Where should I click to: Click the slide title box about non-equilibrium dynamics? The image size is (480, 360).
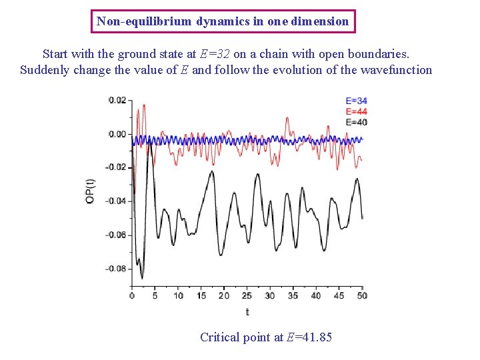click(223, 21)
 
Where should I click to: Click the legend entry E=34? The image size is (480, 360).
click(356, 101)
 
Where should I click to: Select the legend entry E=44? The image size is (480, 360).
click(356, 111)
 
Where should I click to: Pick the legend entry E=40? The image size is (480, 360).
click(356, 122)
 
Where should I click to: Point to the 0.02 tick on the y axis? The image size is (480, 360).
click(117, 100)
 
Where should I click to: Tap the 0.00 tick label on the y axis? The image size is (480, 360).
click(117, 134)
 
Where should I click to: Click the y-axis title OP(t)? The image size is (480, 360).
click(91, 191)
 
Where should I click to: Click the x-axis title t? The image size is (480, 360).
click(247, 311)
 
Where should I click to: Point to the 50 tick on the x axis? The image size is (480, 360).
click(362, 295)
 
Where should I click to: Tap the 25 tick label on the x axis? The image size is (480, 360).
click(247, 295)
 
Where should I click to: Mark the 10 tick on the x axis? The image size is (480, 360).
click(178, 295)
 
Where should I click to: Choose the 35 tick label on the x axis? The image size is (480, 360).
click(293, 295)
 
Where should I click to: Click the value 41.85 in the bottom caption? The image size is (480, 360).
click(316, 337)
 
